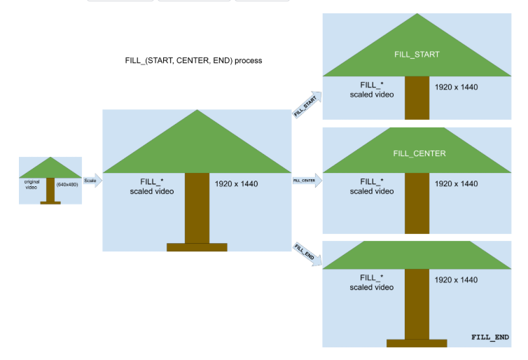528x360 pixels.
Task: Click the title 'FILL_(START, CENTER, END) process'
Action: coord(193,60)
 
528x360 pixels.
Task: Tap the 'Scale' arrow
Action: coord(92,181)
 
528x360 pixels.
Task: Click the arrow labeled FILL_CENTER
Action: coord(306,181)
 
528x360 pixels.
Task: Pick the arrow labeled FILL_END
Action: coord(307,254)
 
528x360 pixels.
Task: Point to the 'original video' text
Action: coord(32,184)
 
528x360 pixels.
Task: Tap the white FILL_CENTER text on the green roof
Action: coord(419,153)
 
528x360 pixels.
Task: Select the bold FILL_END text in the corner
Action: coord(489,338)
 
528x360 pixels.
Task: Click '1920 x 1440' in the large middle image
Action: coord(236,184)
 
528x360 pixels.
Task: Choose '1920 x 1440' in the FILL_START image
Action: coord(456,88)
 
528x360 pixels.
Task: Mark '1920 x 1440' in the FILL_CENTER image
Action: coord(456,184)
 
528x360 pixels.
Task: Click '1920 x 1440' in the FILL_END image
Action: coord(456,279)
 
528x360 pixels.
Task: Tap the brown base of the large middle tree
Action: coord(197,247)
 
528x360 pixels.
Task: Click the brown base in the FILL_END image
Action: coord(417,342)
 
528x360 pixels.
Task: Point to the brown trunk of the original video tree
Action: coord(50,190)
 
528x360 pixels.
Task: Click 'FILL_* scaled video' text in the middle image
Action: coord(152,186)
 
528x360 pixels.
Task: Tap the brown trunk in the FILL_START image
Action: coord(417,97)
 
